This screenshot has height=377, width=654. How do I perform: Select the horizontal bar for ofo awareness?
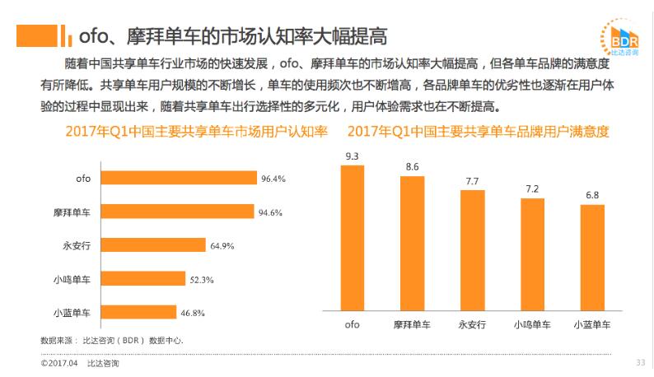coord(180,178)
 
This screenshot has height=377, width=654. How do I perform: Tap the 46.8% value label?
coord(192,313)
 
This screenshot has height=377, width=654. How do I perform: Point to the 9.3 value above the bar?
coord(352,156)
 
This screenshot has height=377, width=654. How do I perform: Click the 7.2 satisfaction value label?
coord(532,189)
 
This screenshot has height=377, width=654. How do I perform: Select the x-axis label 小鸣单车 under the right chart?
coord(532,323)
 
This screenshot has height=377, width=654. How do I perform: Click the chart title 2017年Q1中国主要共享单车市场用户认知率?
coord(197,131)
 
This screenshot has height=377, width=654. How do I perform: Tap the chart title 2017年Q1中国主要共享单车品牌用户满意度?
coord(478,131)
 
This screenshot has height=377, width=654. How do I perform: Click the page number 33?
coord(640,363)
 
